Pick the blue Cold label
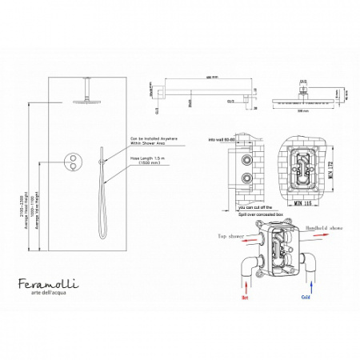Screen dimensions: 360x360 click(306, 295)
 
